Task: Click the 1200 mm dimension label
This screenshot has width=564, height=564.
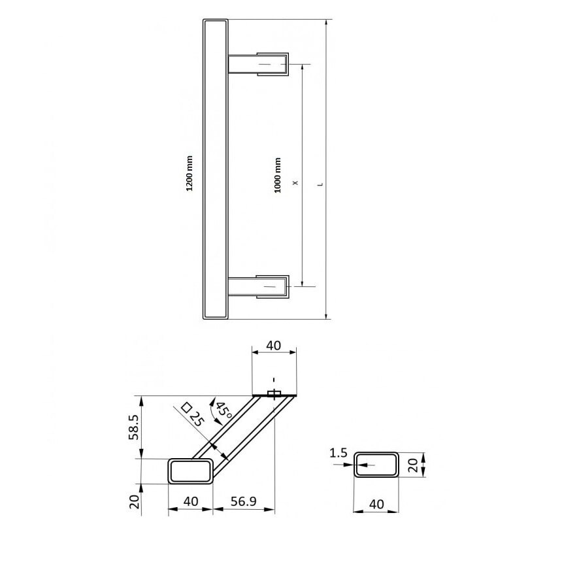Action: click(190, 173)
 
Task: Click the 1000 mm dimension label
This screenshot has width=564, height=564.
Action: click(278, 175)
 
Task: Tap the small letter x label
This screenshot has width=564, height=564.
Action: click(295, 183)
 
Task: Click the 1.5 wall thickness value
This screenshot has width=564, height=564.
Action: click(339, 452)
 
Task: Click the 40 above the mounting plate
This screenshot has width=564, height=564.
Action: click(273, 345)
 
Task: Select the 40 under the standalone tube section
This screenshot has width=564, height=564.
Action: click(376, 504)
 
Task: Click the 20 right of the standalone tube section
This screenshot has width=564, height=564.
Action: click(412, 465)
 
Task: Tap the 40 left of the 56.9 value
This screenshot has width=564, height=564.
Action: click(190, 501)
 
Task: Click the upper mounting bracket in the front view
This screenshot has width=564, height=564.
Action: click(259, 64)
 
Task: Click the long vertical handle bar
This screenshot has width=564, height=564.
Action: click(216, 170)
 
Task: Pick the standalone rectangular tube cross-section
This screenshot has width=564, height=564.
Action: click(376, 465)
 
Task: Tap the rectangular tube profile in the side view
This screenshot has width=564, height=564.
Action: click(191, 471)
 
